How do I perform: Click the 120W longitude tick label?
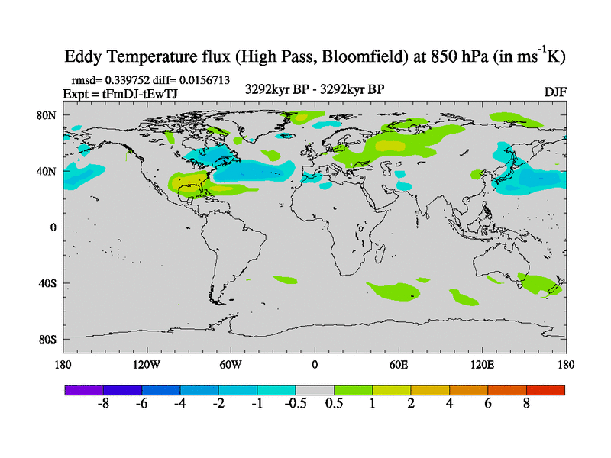click(146, 365)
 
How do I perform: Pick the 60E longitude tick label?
click(399, 365)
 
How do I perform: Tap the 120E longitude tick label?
click(483, 365)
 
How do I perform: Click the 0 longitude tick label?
click(315, 365)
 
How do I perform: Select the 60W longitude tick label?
click(230, 365)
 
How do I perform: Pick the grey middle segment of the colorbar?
click(315, 390)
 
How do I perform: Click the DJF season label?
click(554, 92)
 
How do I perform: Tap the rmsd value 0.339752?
click(127, 79)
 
